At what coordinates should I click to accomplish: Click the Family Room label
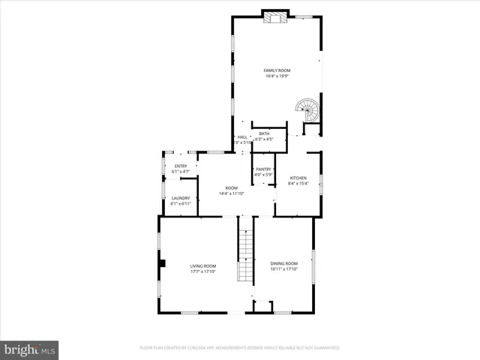[276, 70]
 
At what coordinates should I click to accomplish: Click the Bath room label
[264, 133]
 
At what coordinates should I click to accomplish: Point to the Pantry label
[263, 169]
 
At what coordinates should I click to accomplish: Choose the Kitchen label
[298, 178]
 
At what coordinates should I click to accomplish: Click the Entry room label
[181, 166]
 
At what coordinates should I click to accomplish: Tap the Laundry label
[181, 198]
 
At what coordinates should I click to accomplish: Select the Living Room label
[202, 266]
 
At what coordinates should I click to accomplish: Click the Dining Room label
[284, 263]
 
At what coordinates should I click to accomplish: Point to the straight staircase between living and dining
[245, 247]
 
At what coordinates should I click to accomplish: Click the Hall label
[242, 137]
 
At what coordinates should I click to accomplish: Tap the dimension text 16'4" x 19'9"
[276, 76]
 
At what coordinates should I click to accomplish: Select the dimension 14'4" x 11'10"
[232, 193]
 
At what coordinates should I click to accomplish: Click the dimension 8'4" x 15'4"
[298, 183]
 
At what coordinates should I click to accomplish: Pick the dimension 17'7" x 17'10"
[202, 271]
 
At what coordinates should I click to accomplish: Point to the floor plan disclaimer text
[240, 348]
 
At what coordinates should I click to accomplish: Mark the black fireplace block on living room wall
[161, 263]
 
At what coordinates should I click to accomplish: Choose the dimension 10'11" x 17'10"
[284, 268]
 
